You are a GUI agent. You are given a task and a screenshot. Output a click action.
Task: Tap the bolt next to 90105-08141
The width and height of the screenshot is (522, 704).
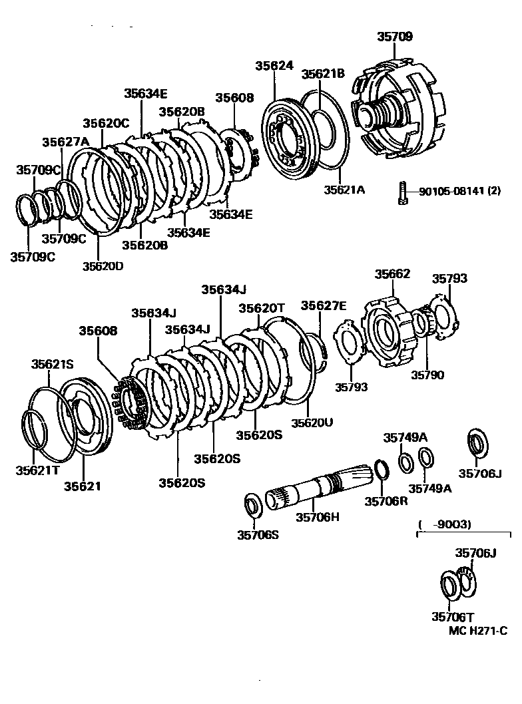402,192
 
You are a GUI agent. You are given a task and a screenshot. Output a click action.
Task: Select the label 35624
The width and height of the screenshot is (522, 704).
274,65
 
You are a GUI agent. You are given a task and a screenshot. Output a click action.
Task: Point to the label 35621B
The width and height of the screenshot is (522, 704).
323,75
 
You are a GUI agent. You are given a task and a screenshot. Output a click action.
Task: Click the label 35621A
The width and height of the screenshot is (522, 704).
345,190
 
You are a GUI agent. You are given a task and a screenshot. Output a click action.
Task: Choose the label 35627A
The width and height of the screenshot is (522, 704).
65,142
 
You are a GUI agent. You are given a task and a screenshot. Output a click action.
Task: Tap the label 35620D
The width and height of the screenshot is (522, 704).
103,266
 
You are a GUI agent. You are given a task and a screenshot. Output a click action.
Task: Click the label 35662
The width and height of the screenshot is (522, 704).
392,273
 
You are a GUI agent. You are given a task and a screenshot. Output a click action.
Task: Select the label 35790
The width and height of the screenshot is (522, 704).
427,375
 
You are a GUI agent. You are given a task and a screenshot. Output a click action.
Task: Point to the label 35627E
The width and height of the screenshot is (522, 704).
324,305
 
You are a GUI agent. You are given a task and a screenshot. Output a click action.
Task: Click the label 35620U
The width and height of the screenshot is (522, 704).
312,423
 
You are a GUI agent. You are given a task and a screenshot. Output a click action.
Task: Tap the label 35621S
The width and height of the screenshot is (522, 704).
53,364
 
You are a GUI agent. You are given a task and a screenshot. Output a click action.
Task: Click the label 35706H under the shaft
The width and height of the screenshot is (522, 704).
318,517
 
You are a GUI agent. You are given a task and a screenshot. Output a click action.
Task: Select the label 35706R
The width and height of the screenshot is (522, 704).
386,501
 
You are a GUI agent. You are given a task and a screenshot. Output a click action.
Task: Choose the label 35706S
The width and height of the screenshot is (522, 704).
257,534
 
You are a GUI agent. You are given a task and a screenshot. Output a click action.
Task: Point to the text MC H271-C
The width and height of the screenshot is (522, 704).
477,630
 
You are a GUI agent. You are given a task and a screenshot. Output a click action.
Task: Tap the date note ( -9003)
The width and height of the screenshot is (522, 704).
445,524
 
